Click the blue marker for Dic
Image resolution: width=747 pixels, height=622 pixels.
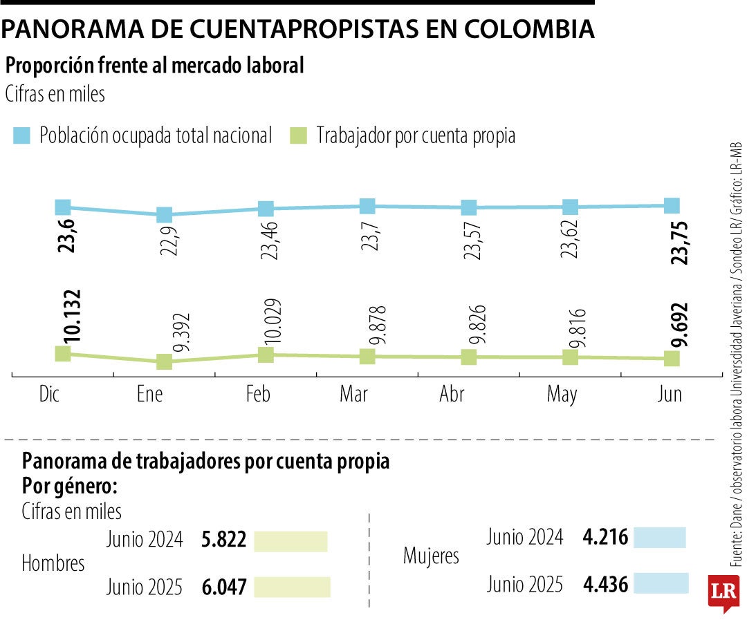[x=62, y=207]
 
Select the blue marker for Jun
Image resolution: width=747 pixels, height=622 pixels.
[x=672, y=205]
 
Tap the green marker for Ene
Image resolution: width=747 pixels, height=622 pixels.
[x=164, y=361]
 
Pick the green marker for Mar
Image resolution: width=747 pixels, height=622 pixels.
[x=367, y=357]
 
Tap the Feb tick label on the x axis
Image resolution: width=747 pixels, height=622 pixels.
[x=258, y=394]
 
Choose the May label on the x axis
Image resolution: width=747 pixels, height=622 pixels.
[x=562, y=394]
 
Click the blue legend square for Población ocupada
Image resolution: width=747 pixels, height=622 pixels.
[x=22, y=135]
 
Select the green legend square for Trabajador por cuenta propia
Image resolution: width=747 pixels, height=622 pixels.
[x=299, y=135]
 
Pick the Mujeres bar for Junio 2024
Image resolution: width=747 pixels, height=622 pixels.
[x=659, y=538]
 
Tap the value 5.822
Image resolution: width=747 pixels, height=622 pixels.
[x=223, y=540]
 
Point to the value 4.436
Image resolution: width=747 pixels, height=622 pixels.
[x=606, y=585]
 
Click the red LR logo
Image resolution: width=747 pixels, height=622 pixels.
[x=723, y=592]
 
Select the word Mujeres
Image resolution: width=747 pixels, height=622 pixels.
[x=431, y=555]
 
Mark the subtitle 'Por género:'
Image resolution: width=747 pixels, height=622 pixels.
[x=70, y=485]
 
